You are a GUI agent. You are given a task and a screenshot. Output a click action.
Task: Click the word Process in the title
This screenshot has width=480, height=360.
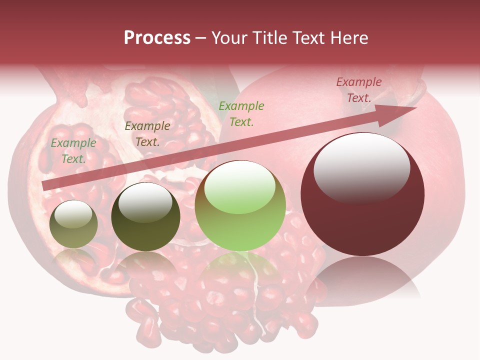pyautogui.click(x=157, y=38)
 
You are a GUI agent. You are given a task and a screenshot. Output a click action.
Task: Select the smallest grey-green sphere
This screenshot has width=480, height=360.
pyautogui.click(x=74, y=224)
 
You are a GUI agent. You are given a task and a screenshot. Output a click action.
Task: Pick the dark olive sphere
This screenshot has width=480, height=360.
pyautogui.click(x=145, y=217)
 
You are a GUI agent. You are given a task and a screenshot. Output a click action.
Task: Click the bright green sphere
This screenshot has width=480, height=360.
pyautogui.click(x=240, y=206)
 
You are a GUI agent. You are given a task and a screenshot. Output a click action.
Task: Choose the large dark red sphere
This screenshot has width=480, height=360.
pyautogui.click(x=362, y=194)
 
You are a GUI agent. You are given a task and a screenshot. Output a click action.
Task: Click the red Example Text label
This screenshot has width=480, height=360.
pyautogui.click(x=359, y=90)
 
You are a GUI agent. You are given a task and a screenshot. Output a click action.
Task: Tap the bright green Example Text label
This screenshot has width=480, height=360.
pyautogui.click(x=241, y=113)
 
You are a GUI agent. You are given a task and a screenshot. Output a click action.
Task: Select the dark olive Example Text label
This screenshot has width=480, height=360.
pyautogui.click(x=147, y=133)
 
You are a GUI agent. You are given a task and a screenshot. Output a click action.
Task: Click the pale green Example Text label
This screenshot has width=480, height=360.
pyautogui.click(x=73, y=150)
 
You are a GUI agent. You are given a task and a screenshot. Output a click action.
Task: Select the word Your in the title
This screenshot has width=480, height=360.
pyautogui.click(x=228, y=38)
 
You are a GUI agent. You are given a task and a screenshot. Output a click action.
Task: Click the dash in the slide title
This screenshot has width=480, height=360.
pyautogui.click(x=200, y=38)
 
